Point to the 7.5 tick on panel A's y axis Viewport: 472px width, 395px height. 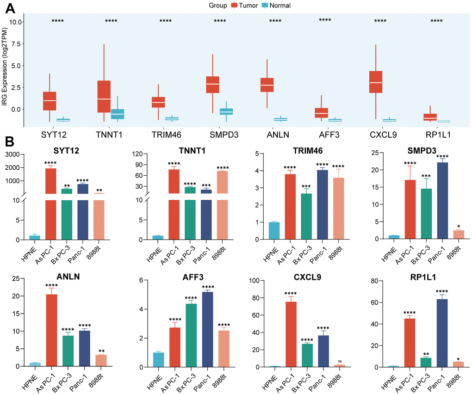coord(15,44)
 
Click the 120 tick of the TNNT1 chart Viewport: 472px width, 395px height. coord(140,154)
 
